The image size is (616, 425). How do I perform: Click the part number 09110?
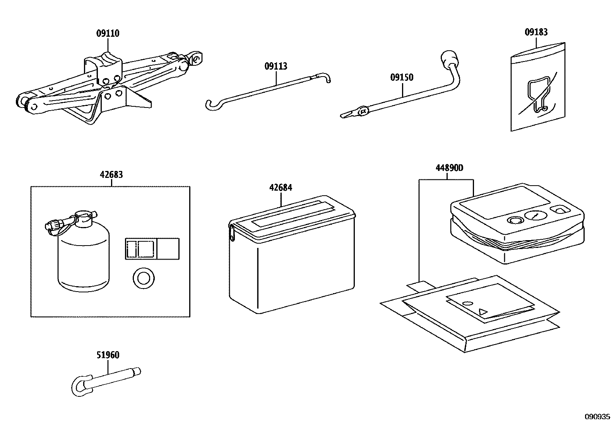point(108,33)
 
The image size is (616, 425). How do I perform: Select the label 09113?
point(276,66)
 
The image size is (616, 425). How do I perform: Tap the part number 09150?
point(402,77)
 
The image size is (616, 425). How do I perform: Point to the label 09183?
point(536,32)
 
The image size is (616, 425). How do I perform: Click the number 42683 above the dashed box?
point(111,174)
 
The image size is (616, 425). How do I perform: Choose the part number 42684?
point(281,188)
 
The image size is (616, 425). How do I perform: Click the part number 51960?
point(108,355)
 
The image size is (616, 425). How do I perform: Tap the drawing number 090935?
point(597,417)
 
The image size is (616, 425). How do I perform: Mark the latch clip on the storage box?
point(232,233)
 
